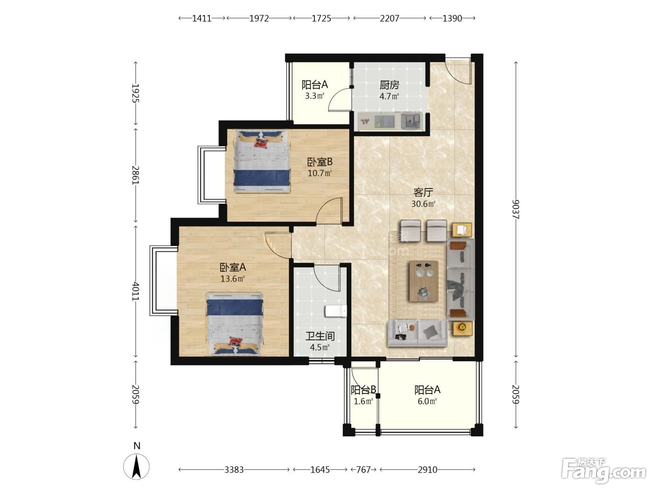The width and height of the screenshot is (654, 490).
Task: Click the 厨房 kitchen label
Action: click(x=389, y=85)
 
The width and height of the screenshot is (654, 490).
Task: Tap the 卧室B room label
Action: click(x=320, y=162)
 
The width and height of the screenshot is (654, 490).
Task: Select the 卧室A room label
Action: click(x=233, y=267)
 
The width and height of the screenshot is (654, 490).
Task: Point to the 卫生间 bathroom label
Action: click(x=320, y=336)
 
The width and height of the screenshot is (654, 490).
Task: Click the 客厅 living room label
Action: click(x=423, y=192)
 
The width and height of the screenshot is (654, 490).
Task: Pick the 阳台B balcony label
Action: click(x=363, y=390)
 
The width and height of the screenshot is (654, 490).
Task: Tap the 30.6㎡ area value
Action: click(x=423, y=204)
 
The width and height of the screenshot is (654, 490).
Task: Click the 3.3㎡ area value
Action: click(x=315, y=96)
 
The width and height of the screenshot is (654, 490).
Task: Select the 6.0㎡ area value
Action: click(x=427, y=401)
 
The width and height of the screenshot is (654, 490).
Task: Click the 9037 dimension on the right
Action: click(x=515, y=209)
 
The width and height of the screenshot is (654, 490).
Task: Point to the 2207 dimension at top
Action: click(x=390, y=19)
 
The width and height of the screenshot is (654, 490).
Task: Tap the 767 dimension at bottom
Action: click(x=363, y=470)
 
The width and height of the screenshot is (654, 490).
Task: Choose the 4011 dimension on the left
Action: click(x=135, y=291)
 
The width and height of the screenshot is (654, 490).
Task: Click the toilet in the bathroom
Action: click(x=335, y=311)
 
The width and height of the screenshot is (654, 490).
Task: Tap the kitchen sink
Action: click(x=411, y=121)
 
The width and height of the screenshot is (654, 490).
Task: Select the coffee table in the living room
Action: click(x=424, y=281)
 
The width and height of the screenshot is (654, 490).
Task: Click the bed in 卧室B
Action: click(x=262, y=161)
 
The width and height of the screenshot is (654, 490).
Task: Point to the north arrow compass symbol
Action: click(x=136, y=467)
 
